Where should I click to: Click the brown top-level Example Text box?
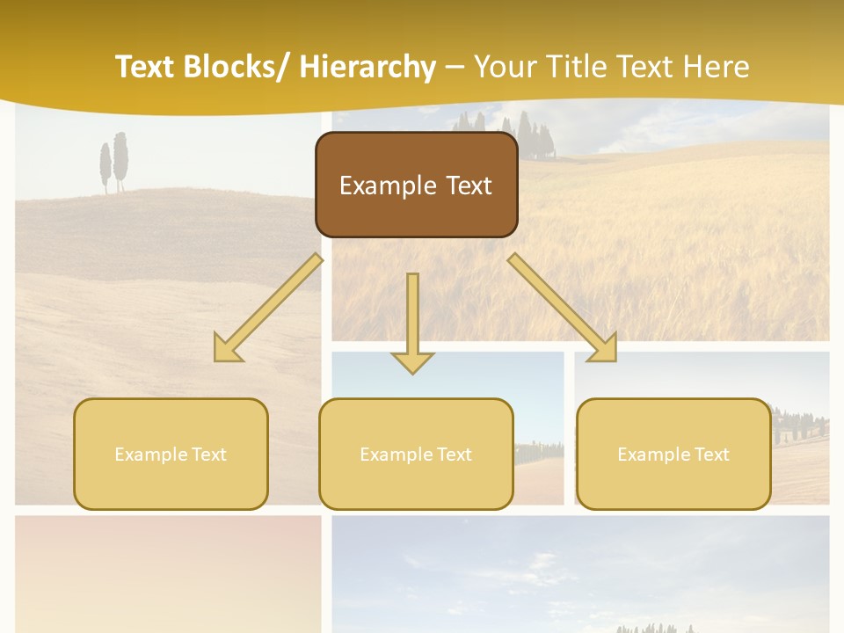416,185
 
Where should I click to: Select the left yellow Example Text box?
171,454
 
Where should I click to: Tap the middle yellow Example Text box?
416,454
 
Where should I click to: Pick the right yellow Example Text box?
673,454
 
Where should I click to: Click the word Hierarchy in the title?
367,67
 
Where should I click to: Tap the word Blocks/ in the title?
236,67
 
